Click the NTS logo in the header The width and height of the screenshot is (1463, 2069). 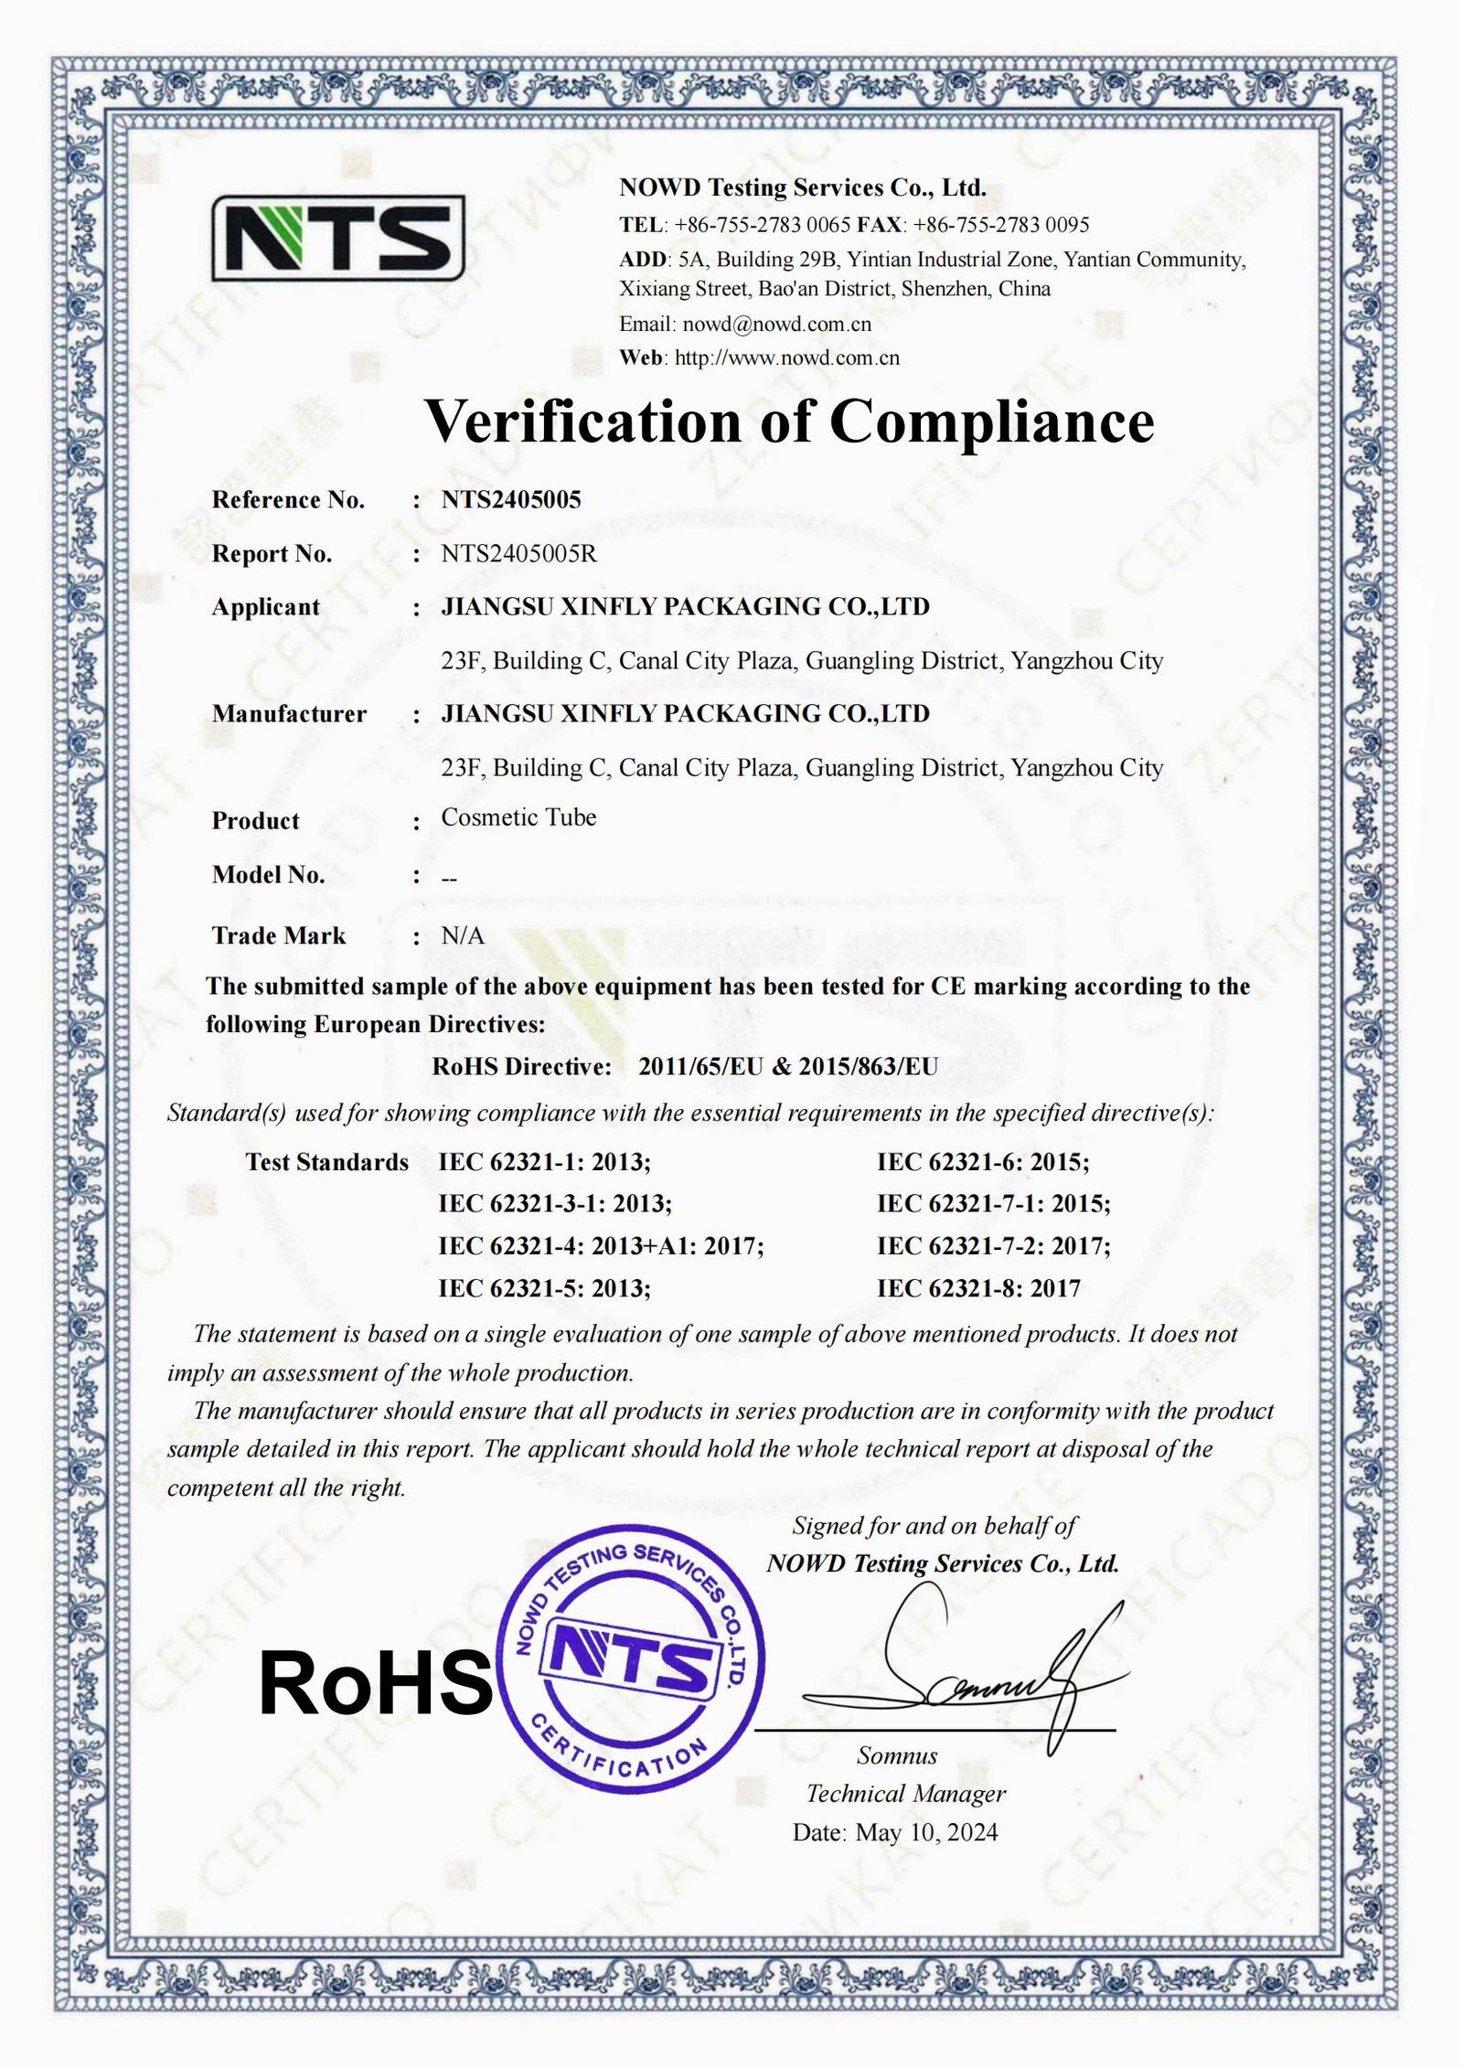tap(338, 237)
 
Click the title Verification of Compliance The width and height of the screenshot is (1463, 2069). tap(789, 421)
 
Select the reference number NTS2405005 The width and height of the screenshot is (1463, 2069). tap(511, 499)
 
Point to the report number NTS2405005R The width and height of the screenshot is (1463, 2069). tap(518, 553)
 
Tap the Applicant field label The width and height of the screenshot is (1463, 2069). tap(265, 607)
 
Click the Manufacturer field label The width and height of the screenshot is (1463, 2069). tap(289, 713)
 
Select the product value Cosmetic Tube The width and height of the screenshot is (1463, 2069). tap(518, 817)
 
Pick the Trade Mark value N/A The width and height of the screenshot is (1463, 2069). tap(463, 935)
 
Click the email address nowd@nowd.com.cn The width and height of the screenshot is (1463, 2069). tap(776, 324)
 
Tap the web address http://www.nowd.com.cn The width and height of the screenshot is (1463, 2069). tap(786, 357)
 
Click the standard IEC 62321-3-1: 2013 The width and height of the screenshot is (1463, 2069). tap(555, 1203)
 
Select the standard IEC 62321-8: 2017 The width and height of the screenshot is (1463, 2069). tap(978, 1288)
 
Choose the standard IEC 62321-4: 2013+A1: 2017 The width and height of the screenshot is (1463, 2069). tap(601, 1245)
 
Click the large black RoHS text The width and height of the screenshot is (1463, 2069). tap(376, 1684)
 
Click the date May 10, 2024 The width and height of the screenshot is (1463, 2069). tap(926, 1832)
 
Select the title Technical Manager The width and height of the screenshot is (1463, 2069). tap(905, 1794)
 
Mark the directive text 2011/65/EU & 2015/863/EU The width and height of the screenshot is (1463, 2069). tap(787, 1066)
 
